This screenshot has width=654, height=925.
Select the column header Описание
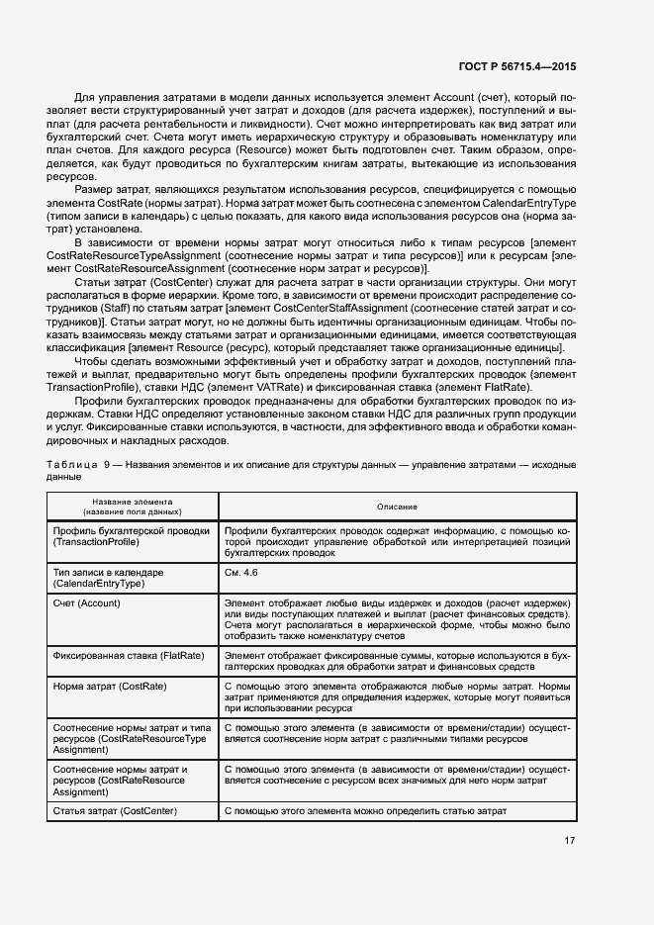point(397,507)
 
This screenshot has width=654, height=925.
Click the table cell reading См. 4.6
point(241,573)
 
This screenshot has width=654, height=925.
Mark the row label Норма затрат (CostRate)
point(108,687)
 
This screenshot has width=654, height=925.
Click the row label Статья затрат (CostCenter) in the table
point(115,811)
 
